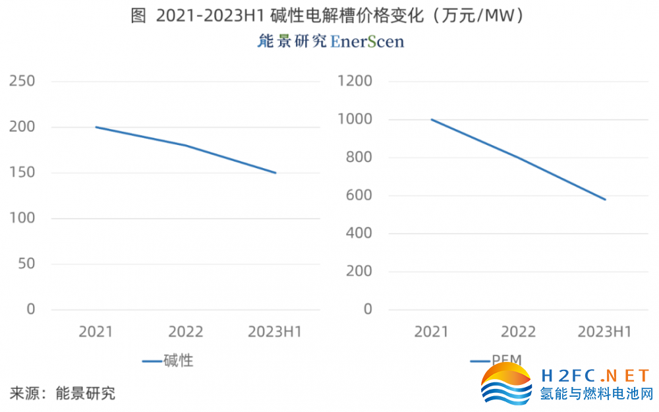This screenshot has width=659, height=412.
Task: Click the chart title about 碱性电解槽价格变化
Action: click(x=329, y=16)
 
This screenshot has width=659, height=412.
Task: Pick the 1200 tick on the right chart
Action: click(x=355, y=82)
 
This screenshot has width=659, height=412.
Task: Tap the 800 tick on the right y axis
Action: click(x=359, y=158)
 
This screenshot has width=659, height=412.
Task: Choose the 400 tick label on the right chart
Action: click(x=359, y=233)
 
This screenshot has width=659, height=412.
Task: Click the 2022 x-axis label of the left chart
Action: click(x=186, y=332)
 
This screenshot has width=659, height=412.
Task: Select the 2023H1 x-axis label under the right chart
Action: click(x=604, y=332)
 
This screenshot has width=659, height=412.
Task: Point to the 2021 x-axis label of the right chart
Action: click(x=431, y=332)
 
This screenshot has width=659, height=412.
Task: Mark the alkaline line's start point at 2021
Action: click(x=96, y=127)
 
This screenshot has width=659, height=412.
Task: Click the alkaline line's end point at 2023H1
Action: click(x=275, y=173)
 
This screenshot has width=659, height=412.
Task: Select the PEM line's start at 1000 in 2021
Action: click(x=432, y=120)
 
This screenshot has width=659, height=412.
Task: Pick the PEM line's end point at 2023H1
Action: click(x=605, y=199)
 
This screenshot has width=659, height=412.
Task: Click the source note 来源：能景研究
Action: click(x=63, y=394)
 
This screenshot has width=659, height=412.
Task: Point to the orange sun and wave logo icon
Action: click(x=506, y=384)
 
